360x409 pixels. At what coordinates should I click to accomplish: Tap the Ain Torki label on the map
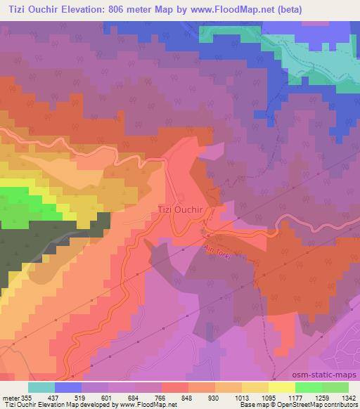point(218,252)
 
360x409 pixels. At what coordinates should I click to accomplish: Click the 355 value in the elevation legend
point(27,398)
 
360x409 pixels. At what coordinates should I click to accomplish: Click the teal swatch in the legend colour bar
point(41,387)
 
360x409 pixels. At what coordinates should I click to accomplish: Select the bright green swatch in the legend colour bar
point(308,387)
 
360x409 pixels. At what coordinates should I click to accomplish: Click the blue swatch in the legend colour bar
point(68,387)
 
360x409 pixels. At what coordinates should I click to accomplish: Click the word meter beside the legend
point(12,398)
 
